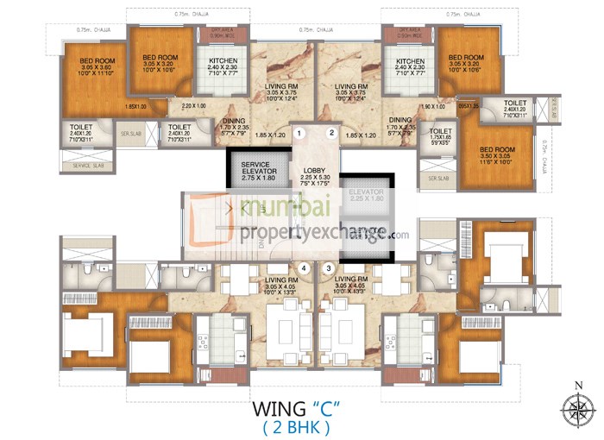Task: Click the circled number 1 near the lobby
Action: coord(299,133)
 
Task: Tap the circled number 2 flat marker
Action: coord(330,133)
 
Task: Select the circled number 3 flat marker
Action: coord(329,268)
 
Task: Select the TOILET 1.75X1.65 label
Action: coord(441,136)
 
